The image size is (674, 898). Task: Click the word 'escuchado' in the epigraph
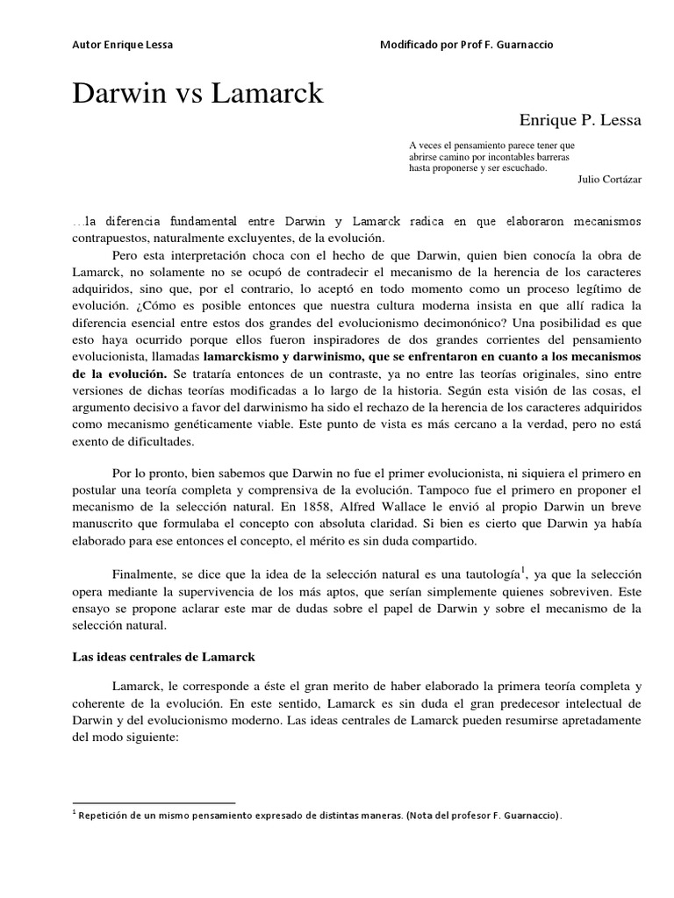coord(518,167)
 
